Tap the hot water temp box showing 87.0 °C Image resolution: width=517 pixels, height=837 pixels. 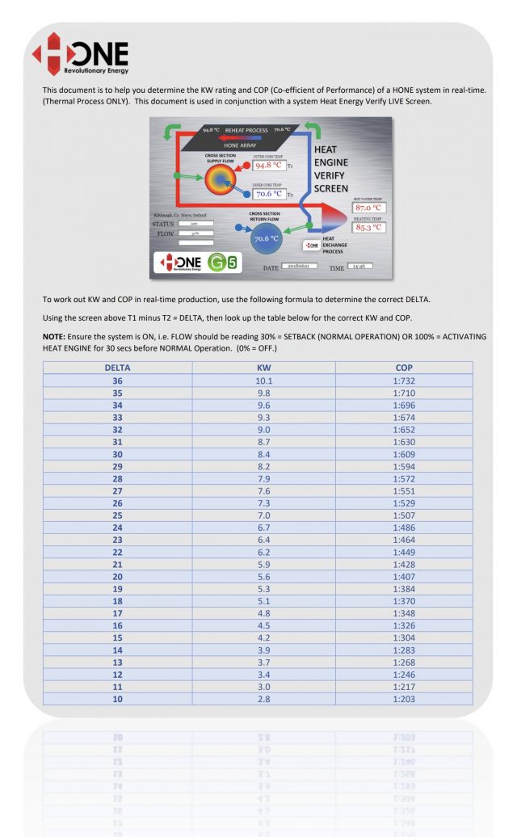click(x=369, y=208)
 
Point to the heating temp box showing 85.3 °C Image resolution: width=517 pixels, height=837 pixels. click(x=369, y=227)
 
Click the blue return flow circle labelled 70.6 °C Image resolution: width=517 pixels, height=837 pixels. click(x=266, y=238)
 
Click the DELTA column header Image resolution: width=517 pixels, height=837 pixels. click(x=117, y=368)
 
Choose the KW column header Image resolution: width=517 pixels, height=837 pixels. click(x=263, y=368)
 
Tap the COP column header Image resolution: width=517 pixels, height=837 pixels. click(x=404, y=368)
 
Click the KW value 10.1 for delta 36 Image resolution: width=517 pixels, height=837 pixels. click(x=263, y=381)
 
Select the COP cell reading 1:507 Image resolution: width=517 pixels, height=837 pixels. click(x=404, y=515)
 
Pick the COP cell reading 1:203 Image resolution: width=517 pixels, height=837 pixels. click(x=404, y=699)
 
